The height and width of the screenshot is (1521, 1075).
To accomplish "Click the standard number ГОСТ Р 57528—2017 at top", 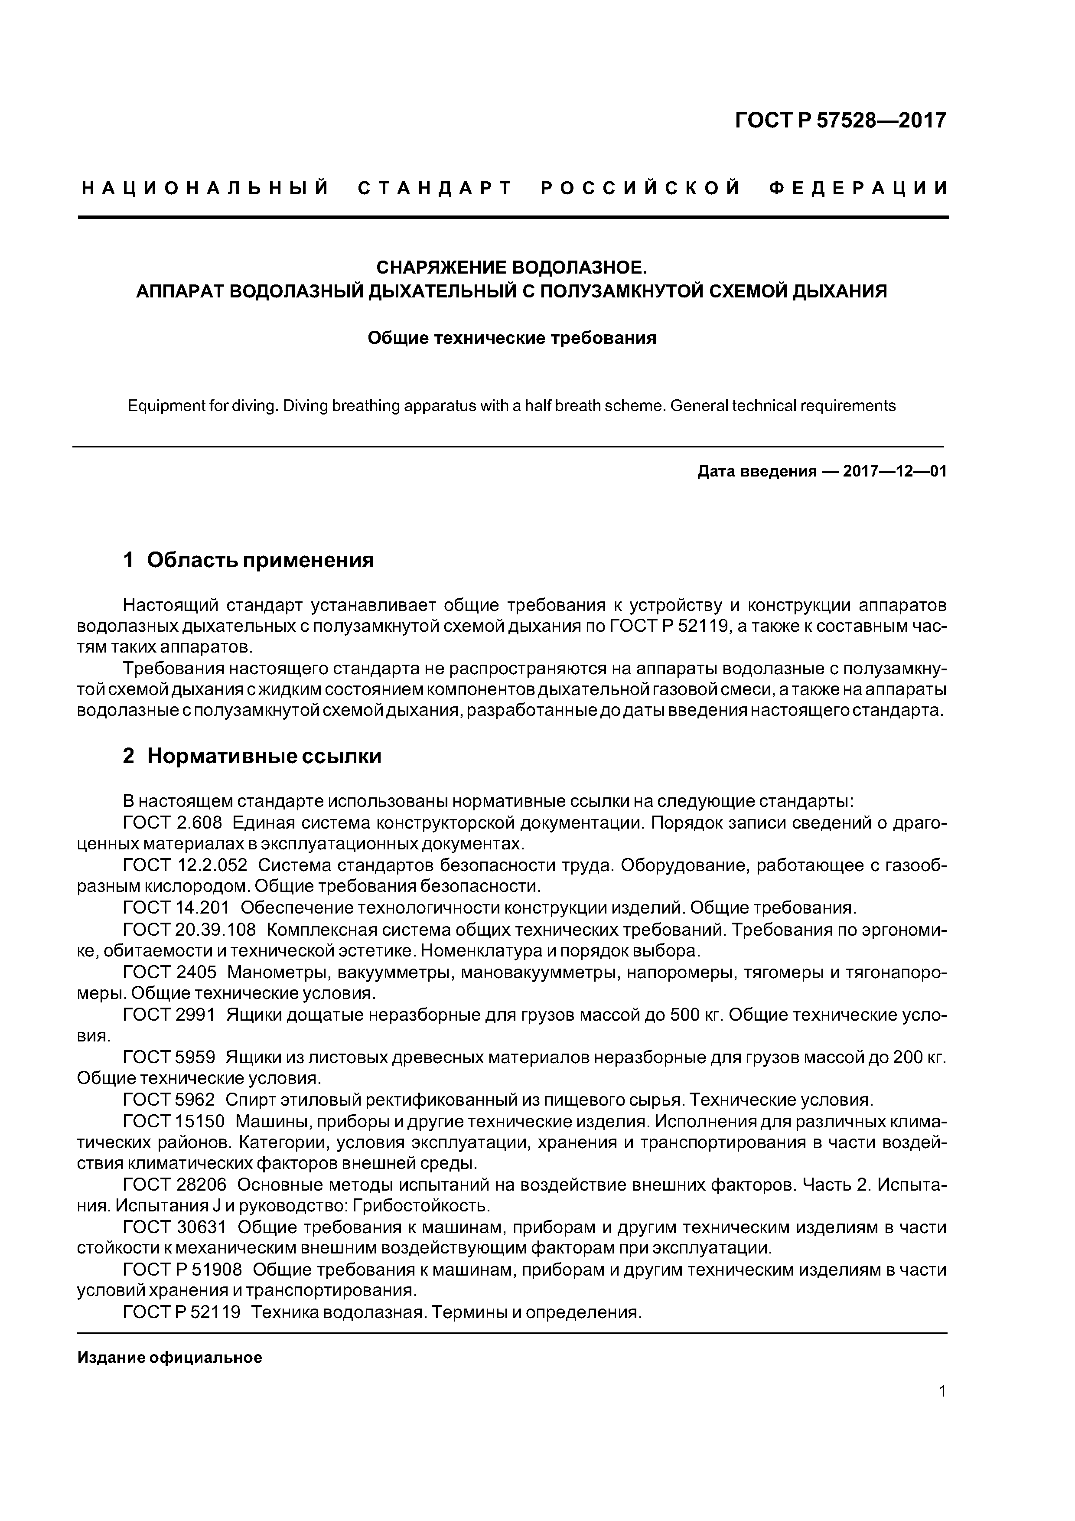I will tap(840, 121).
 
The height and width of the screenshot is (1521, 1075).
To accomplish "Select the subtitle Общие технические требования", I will tap(511, 339).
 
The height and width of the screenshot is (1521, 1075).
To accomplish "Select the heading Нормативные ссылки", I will tap(264, 756).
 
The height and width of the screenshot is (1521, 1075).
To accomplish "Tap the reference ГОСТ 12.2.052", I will tap(186, 866).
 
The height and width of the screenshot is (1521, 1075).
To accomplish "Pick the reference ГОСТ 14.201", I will tap(176, 908).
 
